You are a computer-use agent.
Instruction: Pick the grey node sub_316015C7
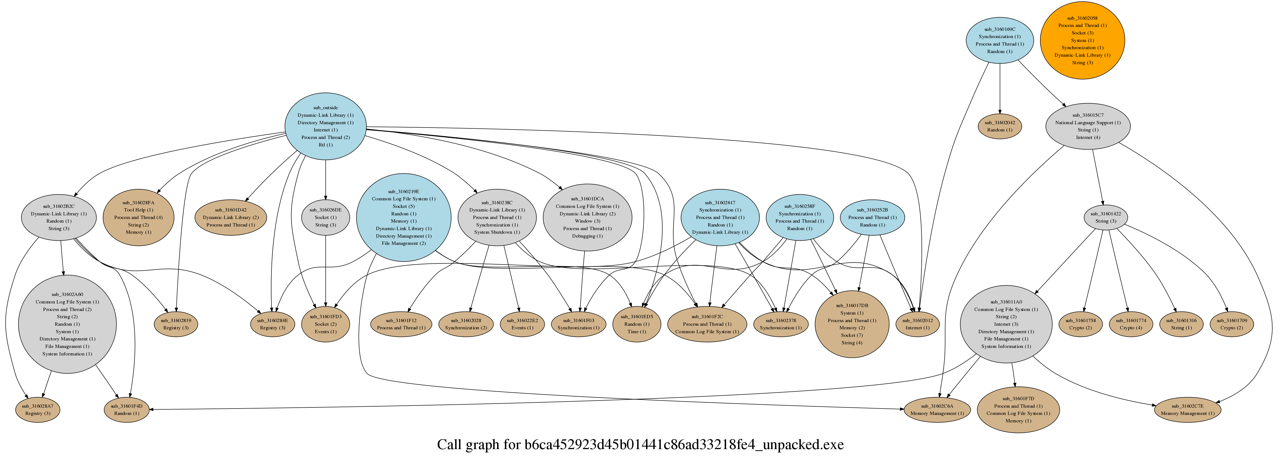point(1088,126)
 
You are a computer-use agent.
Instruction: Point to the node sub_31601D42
point(230,217)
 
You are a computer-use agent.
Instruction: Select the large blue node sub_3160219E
point(403,217)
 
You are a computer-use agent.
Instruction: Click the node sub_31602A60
point(67,324)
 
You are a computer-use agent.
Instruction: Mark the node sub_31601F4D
point(126,410)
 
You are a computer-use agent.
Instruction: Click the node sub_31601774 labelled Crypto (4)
point(1130,324)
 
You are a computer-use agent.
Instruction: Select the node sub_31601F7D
point(1018,410)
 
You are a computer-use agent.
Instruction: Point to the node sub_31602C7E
point(1187,410)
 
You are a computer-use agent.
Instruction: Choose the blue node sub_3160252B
point(872,217)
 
